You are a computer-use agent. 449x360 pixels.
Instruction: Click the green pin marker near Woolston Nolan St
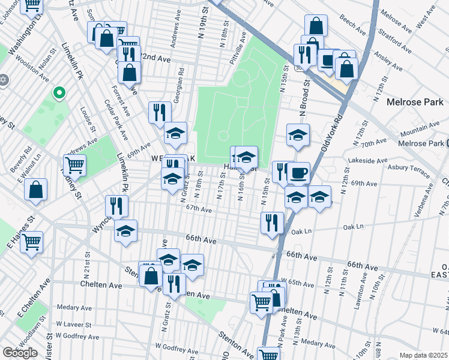point(59,93)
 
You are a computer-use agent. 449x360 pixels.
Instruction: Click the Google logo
point(20,353)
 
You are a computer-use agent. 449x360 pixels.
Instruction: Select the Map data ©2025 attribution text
point(423,355)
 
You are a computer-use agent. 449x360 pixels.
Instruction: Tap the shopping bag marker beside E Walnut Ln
point(36,189)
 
